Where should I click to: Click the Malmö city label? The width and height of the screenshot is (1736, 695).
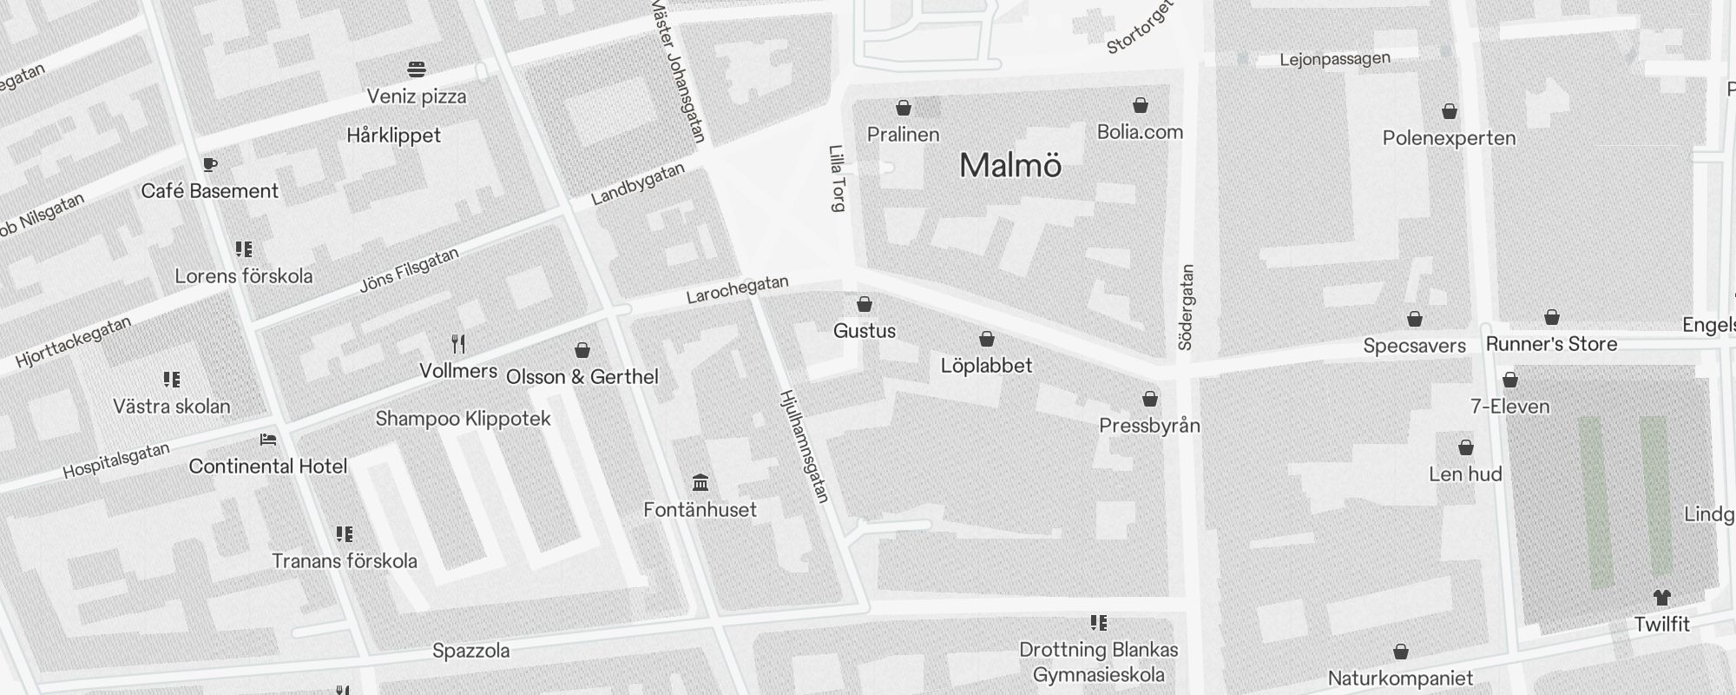pos(1010,166)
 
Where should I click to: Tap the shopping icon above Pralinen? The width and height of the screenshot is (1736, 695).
pos(904,108)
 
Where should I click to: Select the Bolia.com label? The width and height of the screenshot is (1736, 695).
pos(1140,132)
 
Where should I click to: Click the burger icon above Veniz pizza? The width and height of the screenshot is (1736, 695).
pos(417,69)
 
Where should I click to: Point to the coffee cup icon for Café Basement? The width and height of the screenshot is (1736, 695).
pos(209,164)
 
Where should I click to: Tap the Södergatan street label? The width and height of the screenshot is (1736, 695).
pos(1187,308)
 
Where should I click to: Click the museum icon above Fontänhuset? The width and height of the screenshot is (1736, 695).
pos(700,482)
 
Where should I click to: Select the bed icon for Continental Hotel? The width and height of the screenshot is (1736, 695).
pos(268,440)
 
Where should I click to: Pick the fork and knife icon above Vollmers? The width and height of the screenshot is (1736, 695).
pos(458,344)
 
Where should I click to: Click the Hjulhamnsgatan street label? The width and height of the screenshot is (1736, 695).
pos(805,446)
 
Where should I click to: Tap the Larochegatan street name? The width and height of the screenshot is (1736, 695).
pos(737,289)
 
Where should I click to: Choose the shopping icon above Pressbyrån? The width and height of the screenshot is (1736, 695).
pos(1150,399)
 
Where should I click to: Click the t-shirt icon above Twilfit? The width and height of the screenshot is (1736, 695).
pos(1661,598)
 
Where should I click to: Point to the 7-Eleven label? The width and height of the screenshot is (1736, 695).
pos(1509,407)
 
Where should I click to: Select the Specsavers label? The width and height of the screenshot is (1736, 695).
pos(1414,346)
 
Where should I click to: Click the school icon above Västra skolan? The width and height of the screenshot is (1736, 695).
pos(172,380)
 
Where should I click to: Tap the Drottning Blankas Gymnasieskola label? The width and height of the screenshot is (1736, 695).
pos(1098,662)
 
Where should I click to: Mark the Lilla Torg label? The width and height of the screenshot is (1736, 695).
pos(838,178)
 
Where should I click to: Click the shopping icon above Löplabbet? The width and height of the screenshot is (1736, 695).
pos(987,339)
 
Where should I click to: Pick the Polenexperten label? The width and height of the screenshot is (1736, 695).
pos(1449,138)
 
